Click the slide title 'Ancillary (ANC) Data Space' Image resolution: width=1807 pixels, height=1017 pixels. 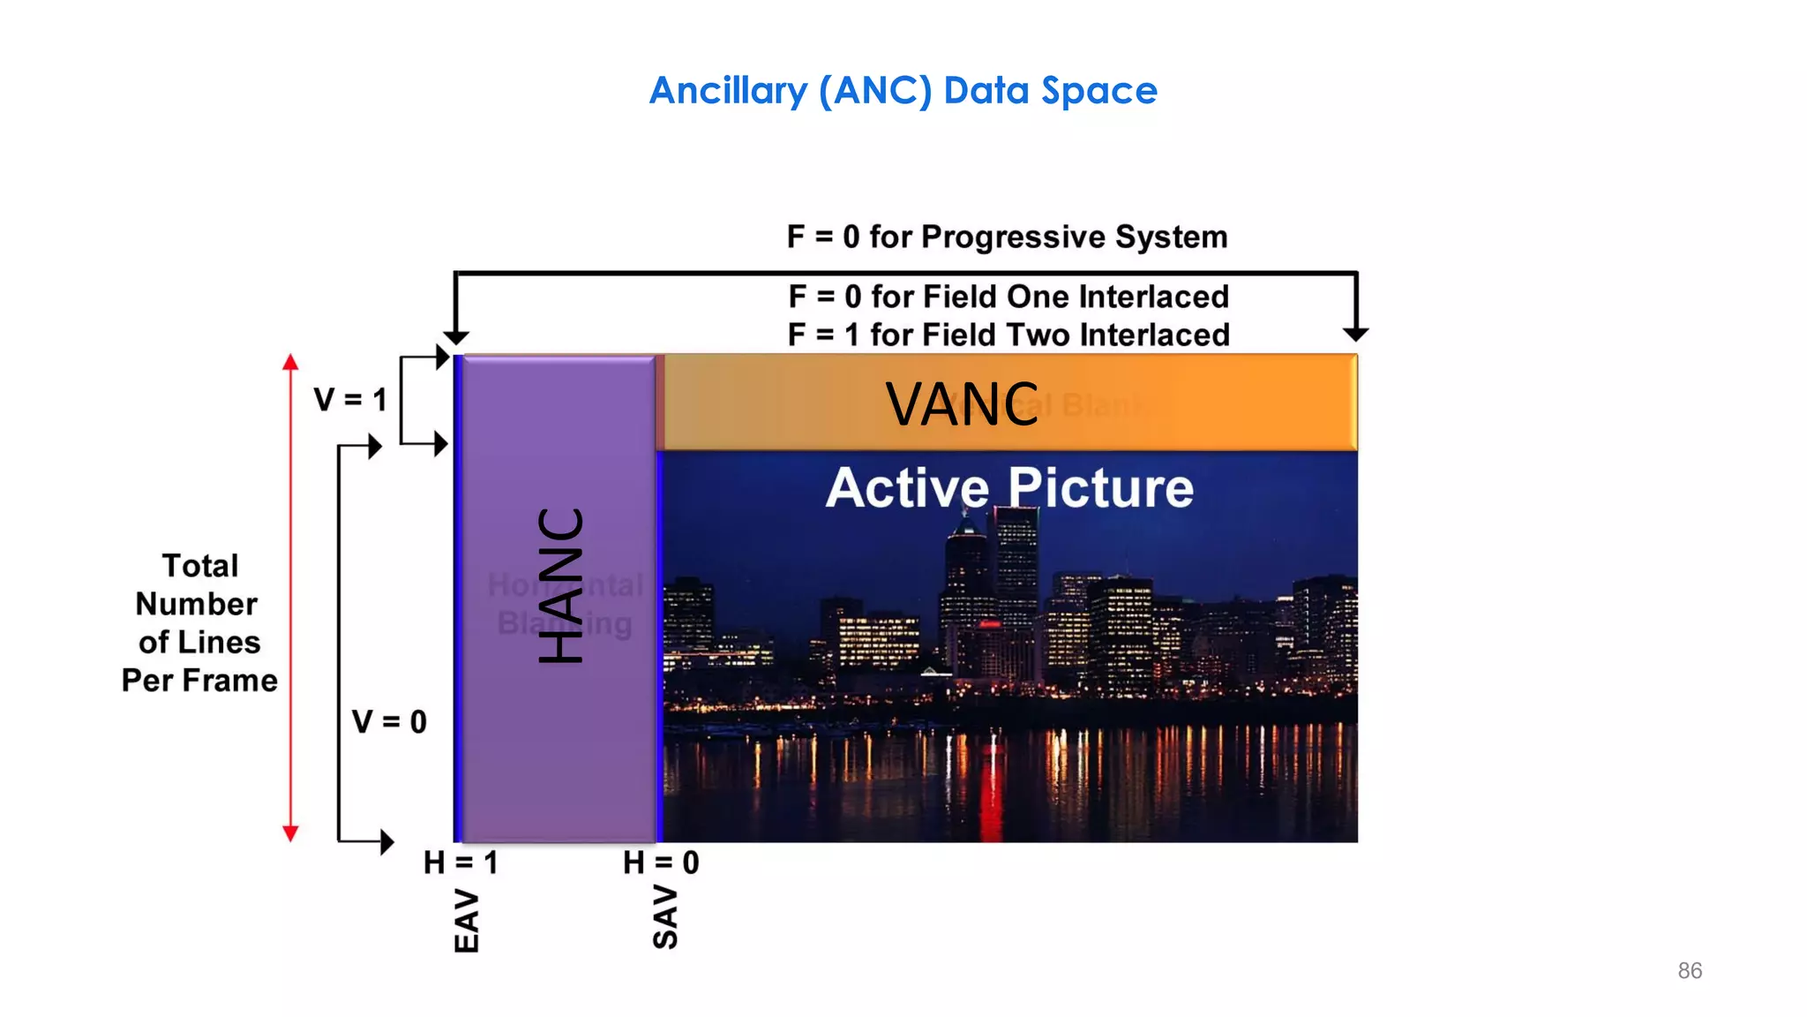[x=903, y=90]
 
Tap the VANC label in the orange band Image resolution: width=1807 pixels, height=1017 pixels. [x=962, y=404]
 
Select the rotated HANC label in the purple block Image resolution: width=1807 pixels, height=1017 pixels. [x=561, y=584]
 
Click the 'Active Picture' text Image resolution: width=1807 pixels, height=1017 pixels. [x=1009, y=487]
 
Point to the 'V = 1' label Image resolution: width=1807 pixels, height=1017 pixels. [x=350, y=400]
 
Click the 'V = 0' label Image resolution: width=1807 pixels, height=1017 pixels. [x=389, y=722]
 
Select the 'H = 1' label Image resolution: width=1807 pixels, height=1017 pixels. [x=461, y=863]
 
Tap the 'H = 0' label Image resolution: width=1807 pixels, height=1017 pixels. [x=661, y=863]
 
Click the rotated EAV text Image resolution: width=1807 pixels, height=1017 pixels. [x=467, y=922]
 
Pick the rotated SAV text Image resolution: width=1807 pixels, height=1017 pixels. [x=665, y=918]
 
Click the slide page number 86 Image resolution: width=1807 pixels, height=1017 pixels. [x=1690, y=971]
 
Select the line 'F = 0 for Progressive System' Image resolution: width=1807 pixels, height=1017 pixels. [x=1007, y=237]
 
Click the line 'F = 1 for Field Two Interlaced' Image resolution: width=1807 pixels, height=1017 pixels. [x=1008, y=335]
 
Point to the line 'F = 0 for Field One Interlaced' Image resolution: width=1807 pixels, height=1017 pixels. [x=1008, y=297]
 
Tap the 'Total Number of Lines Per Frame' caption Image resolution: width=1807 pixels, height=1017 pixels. [x=199, y=623]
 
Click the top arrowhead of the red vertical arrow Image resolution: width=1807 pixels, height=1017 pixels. [x=290, y=362]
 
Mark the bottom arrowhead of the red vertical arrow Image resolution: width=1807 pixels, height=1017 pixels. [x=290, y=832]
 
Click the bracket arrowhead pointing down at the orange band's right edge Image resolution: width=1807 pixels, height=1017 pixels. [x=1355, y=335]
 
